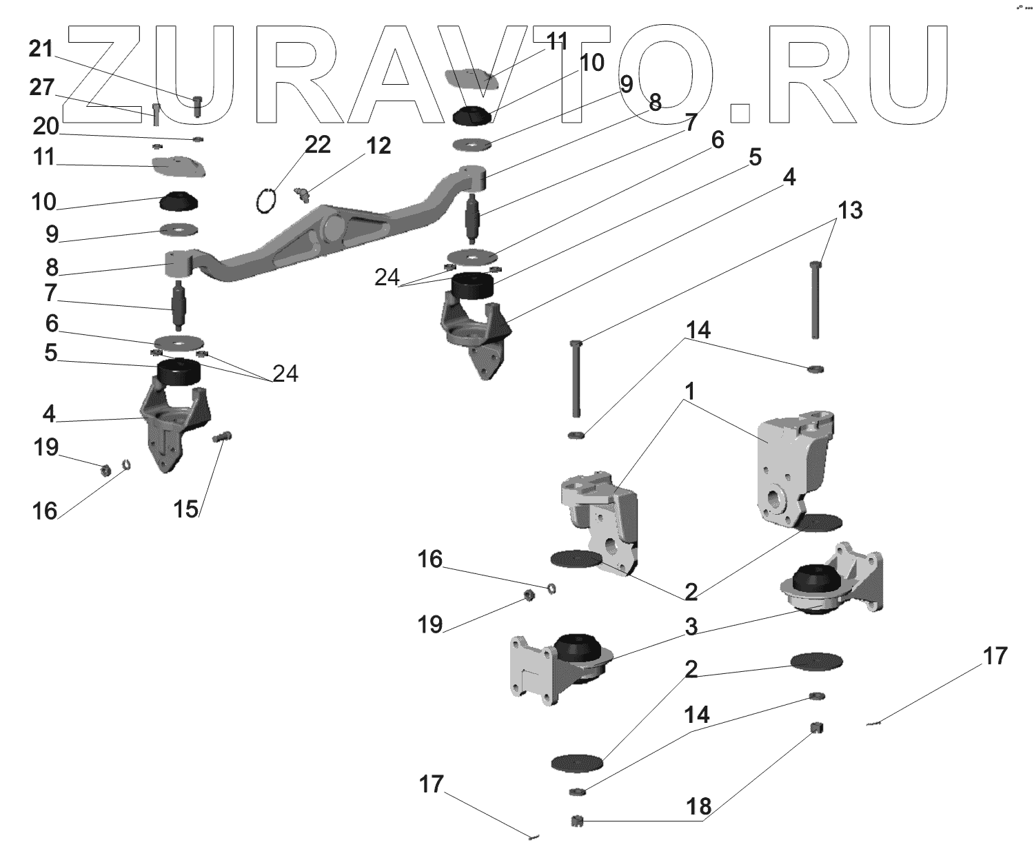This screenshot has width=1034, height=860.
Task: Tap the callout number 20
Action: point(45,127)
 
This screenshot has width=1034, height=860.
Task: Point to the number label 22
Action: point(318,145)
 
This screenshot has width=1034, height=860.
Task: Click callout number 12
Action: point(378,146)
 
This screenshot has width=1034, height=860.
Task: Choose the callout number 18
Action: point(698,807)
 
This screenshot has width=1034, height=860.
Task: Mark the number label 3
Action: point(691,627)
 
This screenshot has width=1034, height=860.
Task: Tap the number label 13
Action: point(850,210)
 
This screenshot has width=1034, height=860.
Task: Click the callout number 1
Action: point(689,391)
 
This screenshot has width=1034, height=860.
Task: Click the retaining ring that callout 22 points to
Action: point(265,202)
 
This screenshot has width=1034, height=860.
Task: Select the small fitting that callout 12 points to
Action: point(301,195)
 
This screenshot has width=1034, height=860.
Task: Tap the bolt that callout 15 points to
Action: point(223,436)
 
